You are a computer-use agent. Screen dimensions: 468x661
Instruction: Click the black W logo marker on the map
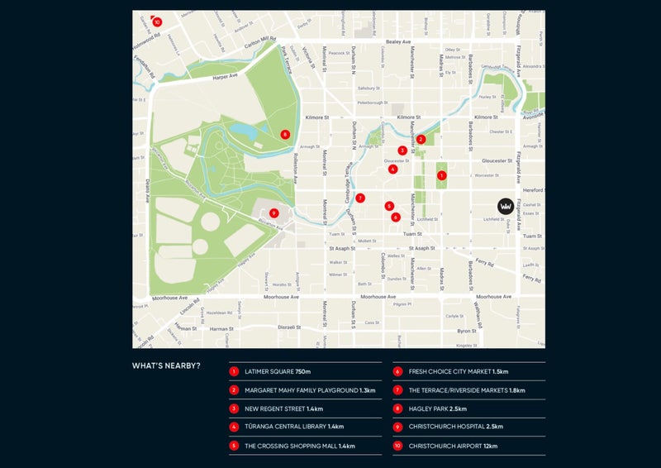505,206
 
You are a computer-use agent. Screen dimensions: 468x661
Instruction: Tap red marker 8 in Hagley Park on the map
285,134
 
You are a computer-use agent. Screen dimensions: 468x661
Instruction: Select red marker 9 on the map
273,213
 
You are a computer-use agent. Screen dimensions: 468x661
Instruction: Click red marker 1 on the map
442,175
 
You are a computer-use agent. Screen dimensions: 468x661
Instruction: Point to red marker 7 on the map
360,198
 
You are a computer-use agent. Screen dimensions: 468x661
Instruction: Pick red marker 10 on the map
157,22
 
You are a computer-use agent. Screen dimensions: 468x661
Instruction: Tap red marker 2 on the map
421,140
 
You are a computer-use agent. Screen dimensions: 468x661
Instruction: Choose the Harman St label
221,328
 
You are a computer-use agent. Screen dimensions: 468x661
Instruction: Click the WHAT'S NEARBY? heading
166,365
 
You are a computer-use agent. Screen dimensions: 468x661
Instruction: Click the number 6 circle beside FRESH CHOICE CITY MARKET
398,372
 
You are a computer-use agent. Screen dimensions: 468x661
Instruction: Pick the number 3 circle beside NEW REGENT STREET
235,409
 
